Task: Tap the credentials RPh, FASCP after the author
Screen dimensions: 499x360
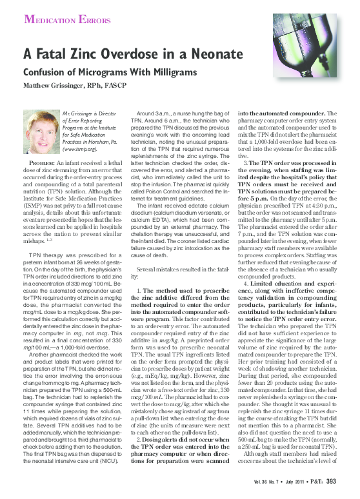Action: pyautogui.click(x=107, y=85)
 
